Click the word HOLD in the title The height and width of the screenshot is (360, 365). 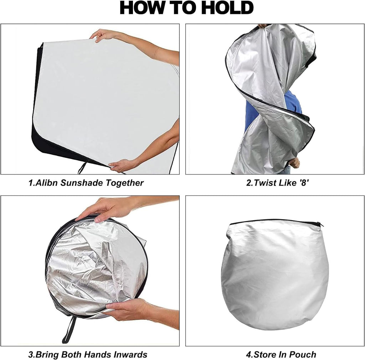(x=227, y=8)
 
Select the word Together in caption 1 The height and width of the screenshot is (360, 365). (x=124, y=183)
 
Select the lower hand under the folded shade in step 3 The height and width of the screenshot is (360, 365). (x=126, y=308)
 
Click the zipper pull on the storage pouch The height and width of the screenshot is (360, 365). (x=322, y=225)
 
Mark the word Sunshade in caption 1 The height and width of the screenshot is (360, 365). (x=82, y=183)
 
